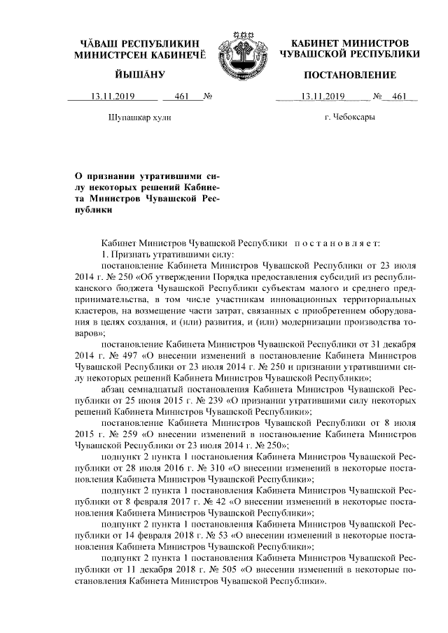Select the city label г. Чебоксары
349,117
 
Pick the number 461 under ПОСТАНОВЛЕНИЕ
400,97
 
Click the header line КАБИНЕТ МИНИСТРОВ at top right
349,43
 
